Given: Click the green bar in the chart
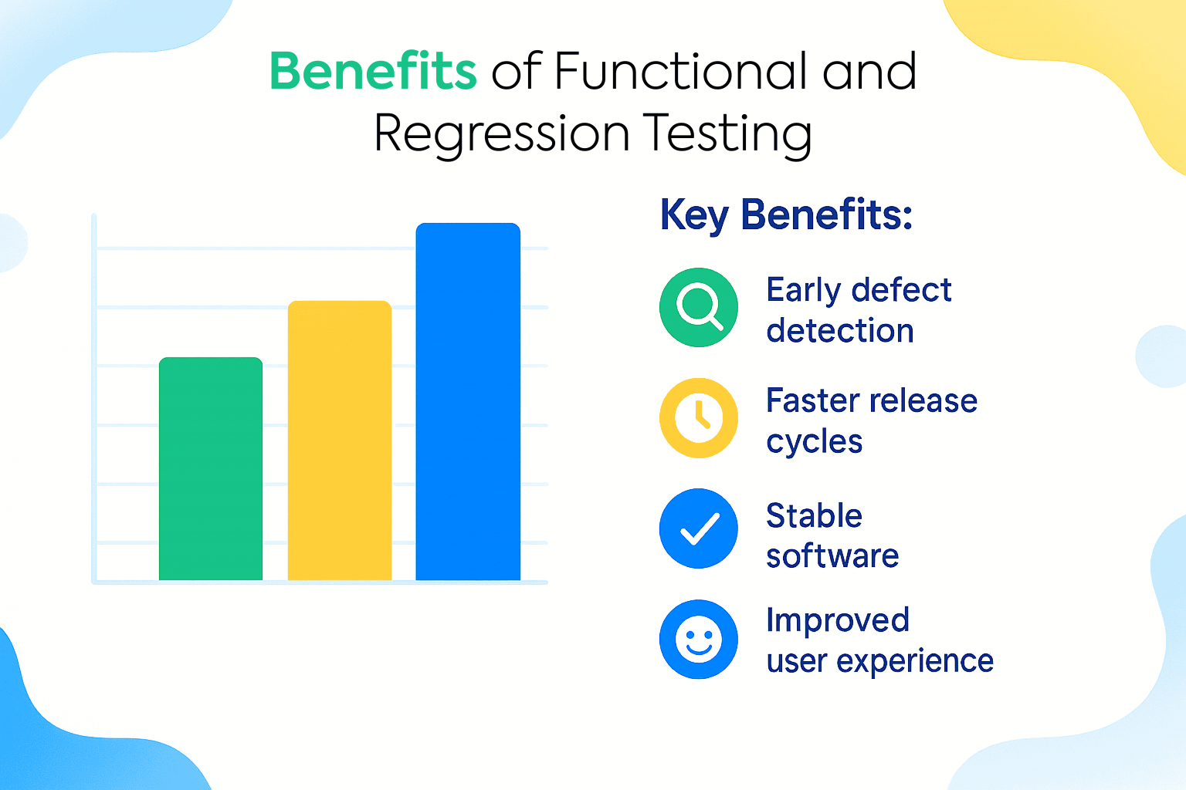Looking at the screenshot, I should point(211,468).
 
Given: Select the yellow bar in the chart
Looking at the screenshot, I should point(340,440).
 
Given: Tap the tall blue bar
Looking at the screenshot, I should point(468,401).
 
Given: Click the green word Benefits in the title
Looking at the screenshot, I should point(373,72).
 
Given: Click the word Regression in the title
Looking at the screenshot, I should point(502,133).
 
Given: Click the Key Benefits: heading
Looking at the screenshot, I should point(786,214).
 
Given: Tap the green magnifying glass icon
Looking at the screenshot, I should point(699,307).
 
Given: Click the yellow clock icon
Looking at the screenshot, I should point(699,417).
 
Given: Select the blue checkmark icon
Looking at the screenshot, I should point(699,528).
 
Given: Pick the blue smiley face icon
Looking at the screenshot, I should point(699,640).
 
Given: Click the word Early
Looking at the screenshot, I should point(804,291).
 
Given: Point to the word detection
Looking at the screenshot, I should point(840,331).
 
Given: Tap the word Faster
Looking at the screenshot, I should point(813,401).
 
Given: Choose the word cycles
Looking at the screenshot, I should point(814,442).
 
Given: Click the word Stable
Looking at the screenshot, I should point(814,515).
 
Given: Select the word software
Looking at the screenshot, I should point(832,556).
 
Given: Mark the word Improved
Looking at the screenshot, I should point(838,620).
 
